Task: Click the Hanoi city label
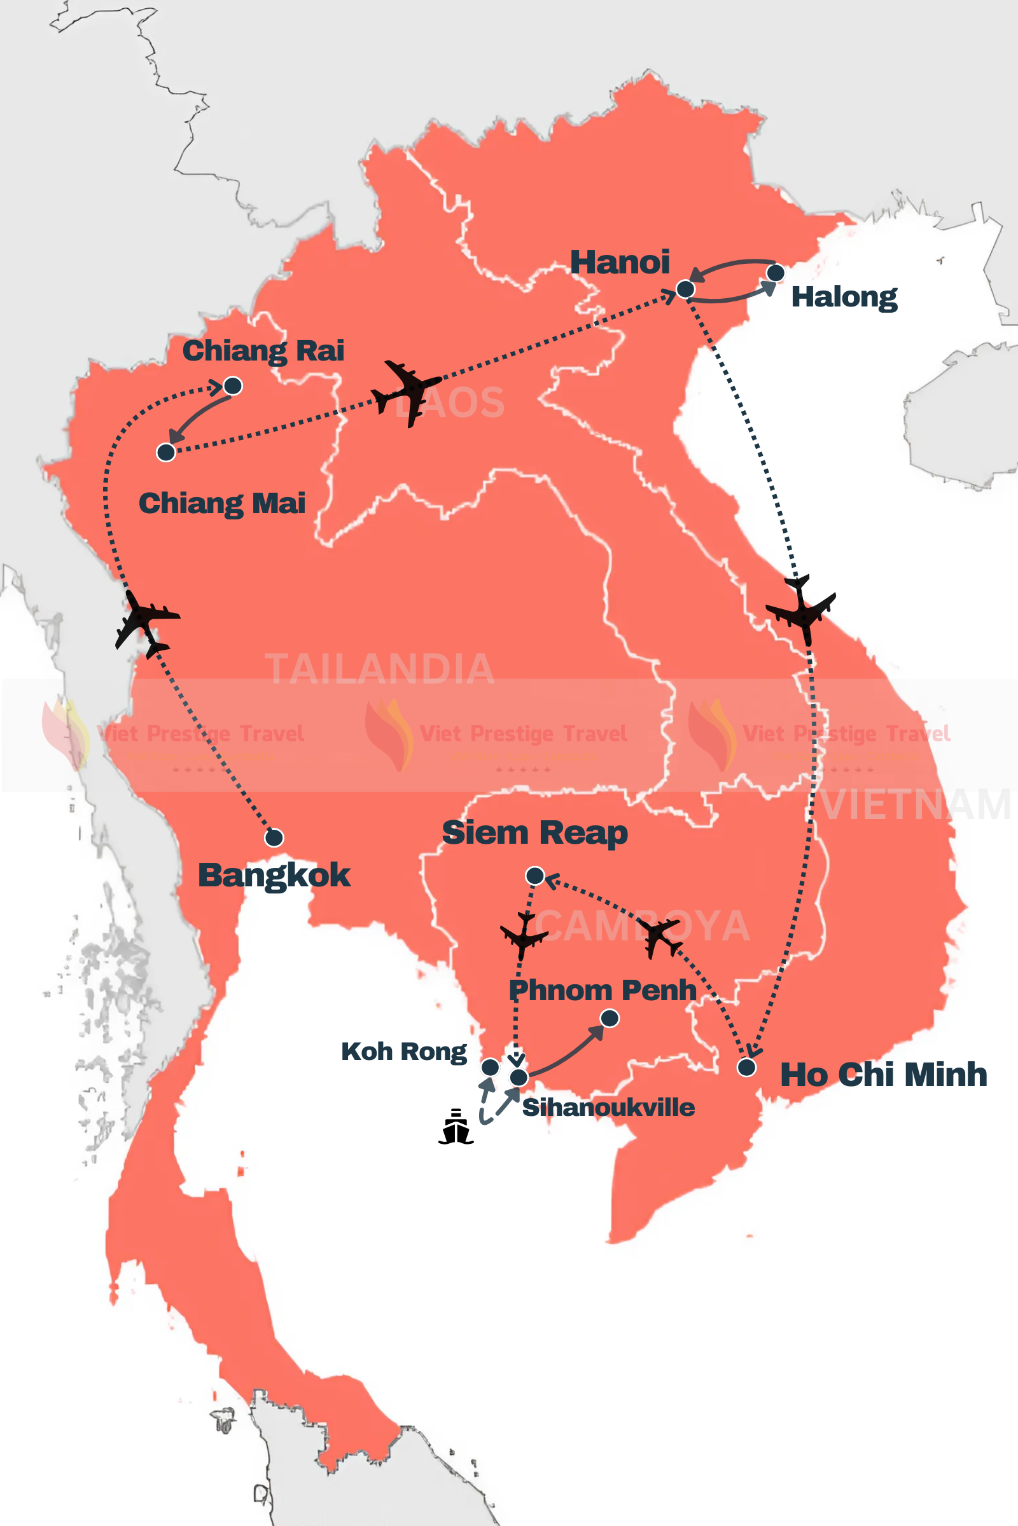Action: [619, 262]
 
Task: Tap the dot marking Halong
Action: [775, 273]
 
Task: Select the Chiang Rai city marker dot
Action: [232, 386]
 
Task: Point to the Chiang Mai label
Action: [222, 504]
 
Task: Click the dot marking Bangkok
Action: [274, 837]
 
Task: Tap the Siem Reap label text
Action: [534, 832]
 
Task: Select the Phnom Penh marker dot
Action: [609, 1019]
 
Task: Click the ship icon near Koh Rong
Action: [456, 1127]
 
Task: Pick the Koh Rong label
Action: [404, 1052]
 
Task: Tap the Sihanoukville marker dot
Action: [518, 1078]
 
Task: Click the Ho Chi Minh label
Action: [883, 1075]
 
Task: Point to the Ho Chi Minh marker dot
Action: [746, 1068]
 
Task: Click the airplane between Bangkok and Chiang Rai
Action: [146, 623]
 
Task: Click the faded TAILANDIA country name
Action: [380, 669]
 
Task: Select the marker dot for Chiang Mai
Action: [166, 452]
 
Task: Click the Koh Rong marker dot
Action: [490, 1068]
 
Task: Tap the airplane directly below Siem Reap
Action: [523, 935]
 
